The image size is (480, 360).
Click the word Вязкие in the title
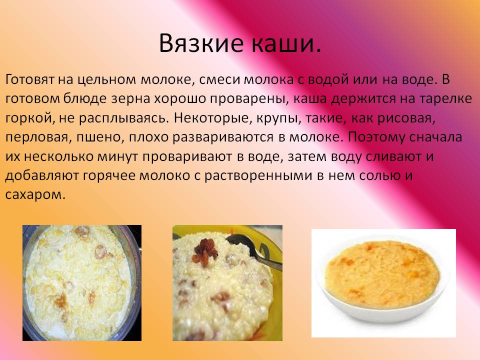[x=201, y=43]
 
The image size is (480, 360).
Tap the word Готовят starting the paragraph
[x=29, y=79]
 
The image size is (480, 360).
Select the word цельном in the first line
[x=106, y=80]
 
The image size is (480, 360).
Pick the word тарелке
[x=445, y=99]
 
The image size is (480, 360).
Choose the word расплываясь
[x=123, y=118]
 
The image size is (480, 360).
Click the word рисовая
[x=406, y=118]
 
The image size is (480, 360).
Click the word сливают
[x=393, y=156]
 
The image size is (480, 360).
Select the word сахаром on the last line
[x=35, y=195]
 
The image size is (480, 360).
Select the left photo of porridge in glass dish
[x=82, y=283]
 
